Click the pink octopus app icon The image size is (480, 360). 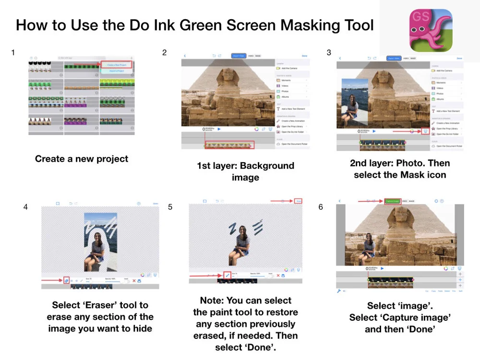pyautogui.click(x=431, y=30)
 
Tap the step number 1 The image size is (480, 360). pyautogui.click(x=13, y=52)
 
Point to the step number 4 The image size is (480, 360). pyautogui.click(x=25, y=207)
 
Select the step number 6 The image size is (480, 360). pyautogui.click(x=321, y=207)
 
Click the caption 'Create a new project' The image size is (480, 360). pyautogui.click(x=82, y=158)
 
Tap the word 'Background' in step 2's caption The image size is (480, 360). pyautogui.click(x=267, y=166)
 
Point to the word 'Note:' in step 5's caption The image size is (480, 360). pyautogui.click(x=213, y=300)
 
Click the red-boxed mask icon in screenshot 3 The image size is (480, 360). pyautogui.click(x=425, y=131)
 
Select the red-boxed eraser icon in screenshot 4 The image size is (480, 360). pyautogui.click(x=66, y=280)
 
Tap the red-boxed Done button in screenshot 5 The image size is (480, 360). pyautogui.click(x=299, y=201)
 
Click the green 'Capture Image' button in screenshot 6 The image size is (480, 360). pyautogui.click(x=392, y=201)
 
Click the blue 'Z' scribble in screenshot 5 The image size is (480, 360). pyautogui.click(x=233, y=229)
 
